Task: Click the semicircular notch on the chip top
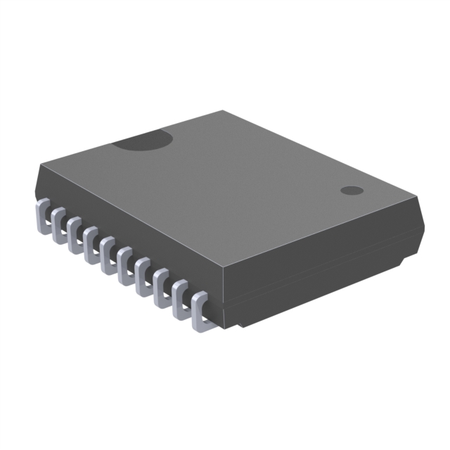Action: click(x=144, y=141)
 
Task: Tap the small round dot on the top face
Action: click(x=351, y=191)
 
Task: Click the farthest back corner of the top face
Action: click(x=224, y=111)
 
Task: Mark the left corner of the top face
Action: click(x=41, y=164)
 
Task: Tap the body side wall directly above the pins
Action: click(x=127, y=225)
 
